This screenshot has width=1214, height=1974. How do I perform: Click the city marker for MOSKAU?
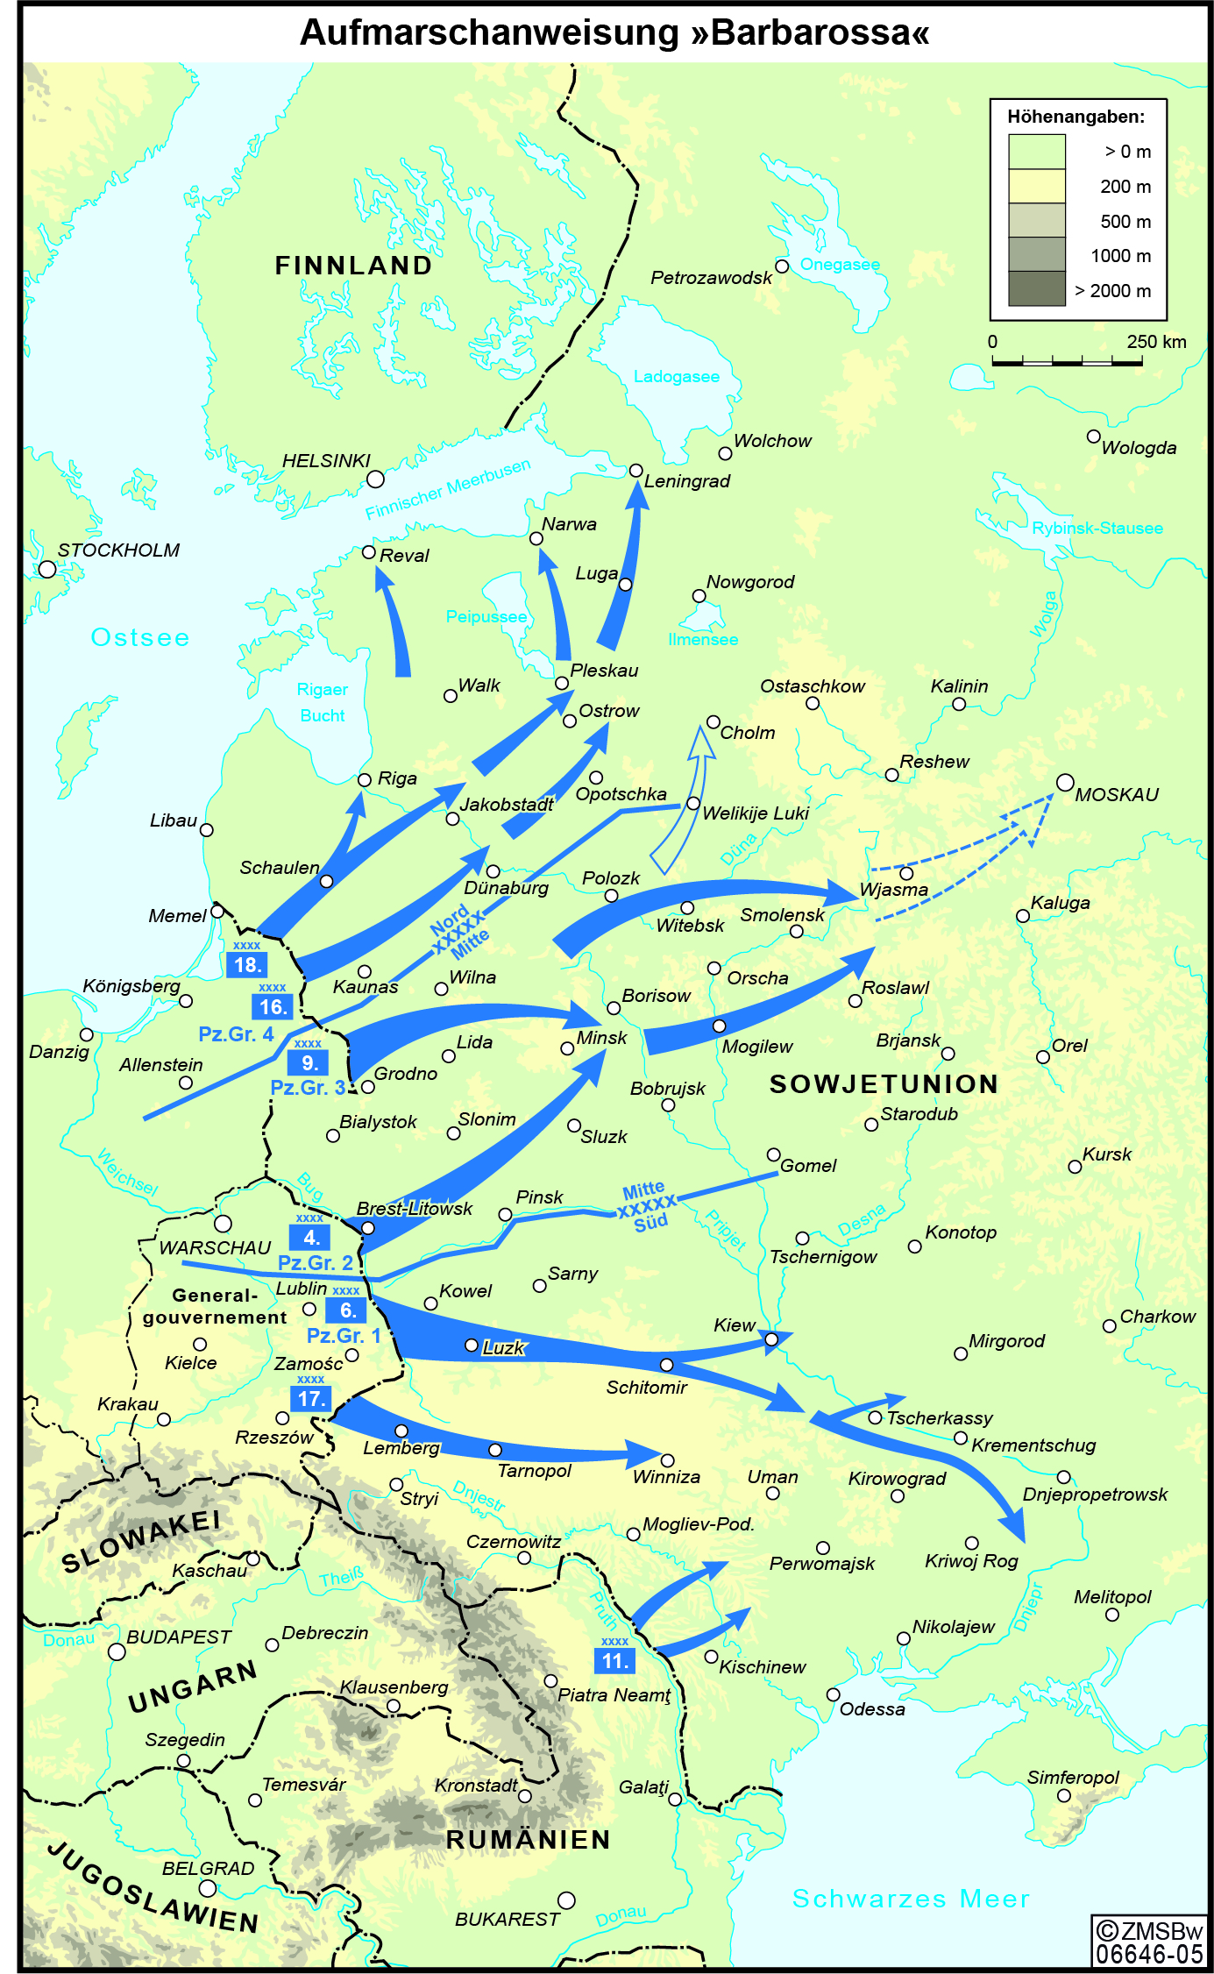1065,782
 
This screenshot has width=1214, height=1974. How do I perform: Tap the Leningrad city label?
686,481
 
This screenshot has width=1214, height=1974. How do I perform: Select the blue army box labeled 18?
246,965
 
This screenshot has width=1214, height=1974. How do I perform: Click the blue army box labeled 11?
614,1660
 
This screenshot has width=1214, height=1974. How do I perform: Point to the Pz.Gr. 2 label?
315,1263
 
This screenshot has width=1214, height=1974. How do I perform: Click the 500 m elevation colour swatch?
1036,221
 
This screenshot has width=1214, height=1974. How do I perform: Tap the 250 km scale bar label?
1156,342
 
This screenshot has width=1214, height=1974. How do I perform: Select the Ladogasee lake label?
676,377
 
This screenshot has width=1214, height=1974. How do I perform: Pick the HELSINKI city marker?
375,479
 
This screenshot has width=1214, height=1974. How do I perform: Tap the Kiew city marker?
771,1339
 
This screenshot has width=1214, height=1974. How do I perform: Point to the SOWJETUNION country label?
884,1084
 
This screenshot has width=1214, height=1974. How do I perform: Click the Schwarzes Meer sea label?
911,1899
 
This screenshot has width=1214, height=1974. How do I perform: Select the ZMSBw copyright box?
1148,1942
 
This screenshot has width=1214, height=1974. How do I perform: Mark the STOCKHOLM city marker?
47,569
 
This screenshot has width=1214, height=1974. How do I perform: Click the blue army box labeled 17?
311,1399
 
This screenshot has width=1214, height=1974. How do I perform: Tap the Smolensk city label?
782,915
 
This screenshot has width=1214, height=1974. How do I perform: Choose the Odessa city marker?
833,1695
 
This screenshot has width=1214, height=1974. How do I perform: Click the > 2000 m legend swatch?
1036,289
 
